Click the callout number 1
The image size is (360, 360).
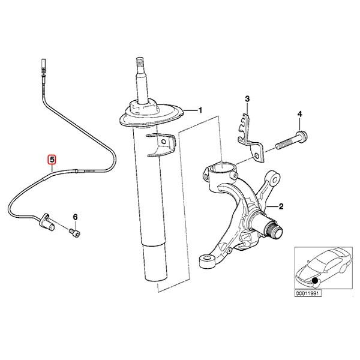point(200,110)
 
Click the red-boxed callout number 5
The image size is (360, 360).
point(52,160)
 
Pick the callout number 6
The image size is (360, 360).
point(75,216)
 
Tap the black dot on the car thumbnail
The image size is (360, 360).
point(315,281)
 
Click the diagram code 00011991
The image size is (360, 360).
point(308,294)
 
